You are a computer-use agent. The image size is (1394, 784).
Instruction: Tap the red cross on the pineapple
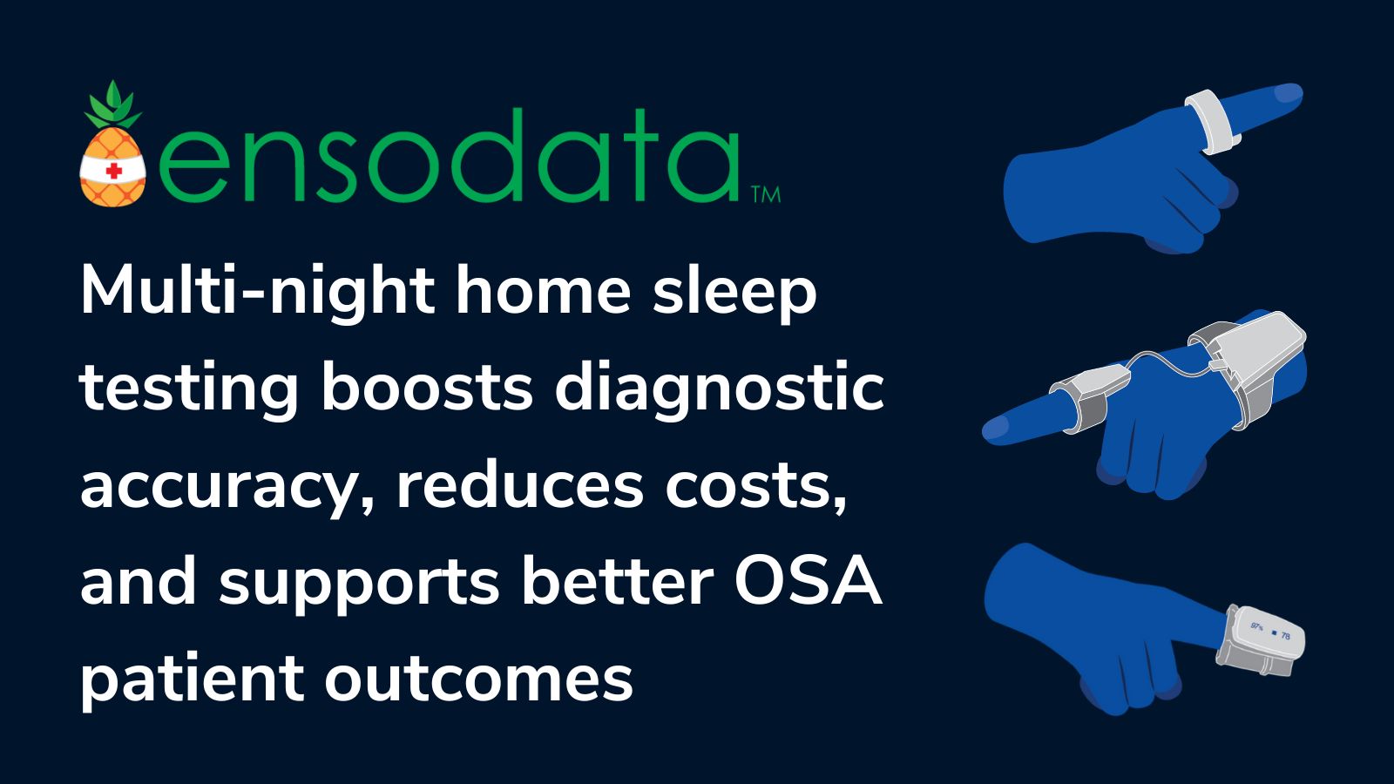(113, 170)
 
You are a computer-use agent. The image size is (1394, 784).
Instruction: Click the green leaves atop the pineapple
(112, 105)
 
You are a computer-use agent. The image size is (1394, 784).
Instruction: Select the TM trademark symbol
(766, 195)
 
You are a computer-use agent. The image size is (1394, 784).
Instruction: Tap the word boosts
(427, 389)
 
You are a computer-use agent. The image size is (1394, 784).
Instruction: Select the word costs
(755, 487)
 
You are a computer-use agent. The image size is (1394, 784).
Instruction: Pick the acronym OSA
(809, 581)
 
